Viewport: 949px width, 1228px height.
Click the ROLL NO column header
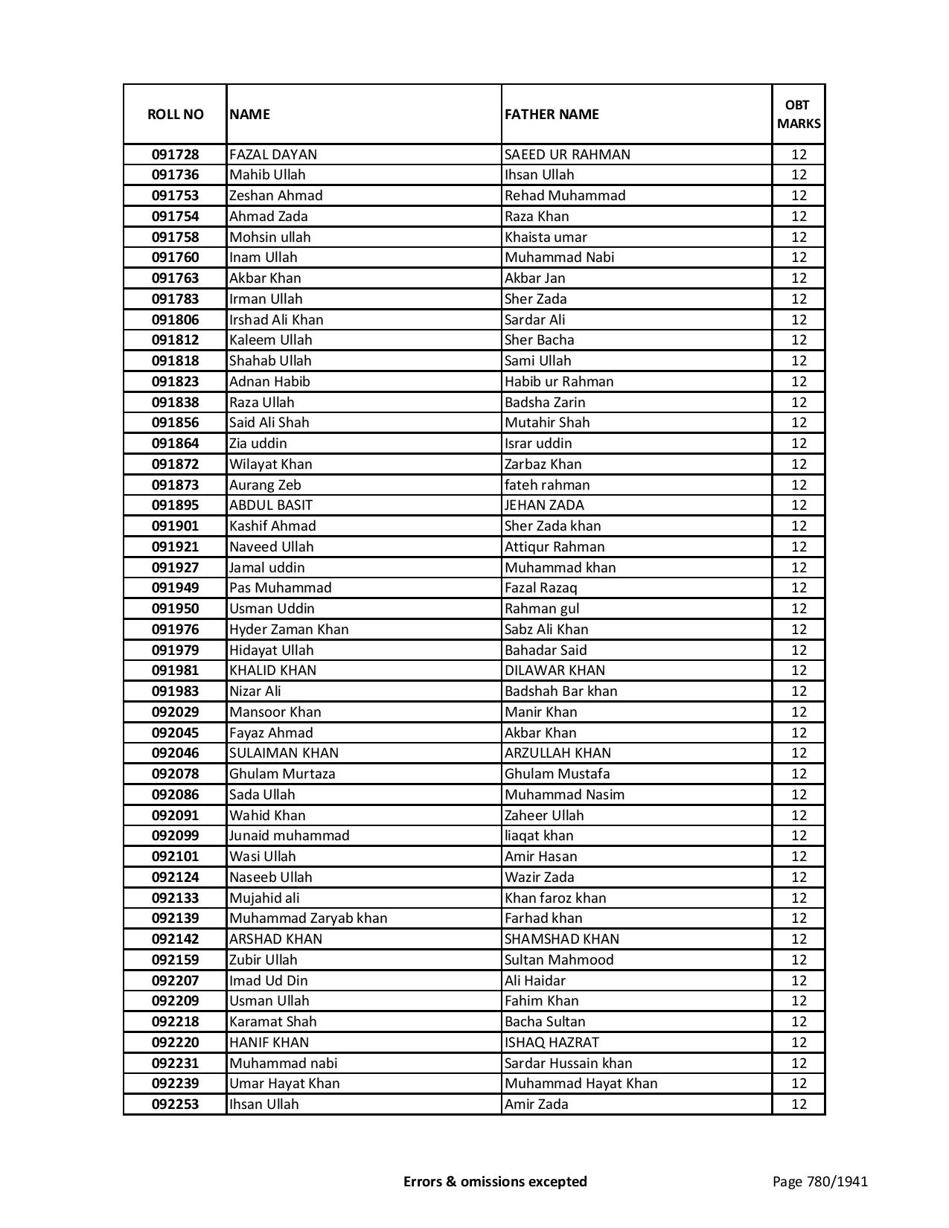[x=175, y=114]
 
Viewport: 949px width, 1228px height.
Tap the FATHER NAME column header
[x=552, y=114]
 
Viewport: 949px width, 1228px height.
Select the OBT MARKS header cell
[x=799, y=114]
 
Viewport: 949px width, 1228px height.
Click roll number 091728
[x=175, y=155]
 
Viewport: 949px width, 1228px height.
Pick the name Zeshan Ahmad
[x=276, y=196]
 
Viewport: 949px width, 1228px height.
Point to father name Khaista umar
[x=546, y=237]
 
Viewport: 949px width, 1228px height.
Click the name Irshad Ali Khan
[x=276, y=320]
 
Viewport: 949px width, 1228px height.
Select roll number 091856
[x=175, y=423]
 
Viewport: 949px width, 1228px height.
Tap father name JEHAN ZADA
[x=544, y=505]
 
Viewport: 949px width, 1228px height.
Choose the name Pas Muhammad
[x=281, y=588]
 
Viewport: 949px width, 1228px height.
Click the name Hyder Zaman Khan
[x=289, y=630]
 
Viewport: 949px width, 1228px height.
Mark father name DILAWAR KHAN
[x=555, y=671]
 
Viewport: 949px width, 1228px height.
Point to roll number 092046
[x=175, y=753]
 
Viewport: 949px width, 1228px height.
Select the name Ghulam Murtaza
[x=282, y=774]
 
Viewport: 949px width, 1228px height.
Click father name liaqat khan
[x=539, y=836]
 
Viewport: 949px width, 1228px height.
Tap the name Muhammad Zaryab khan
[x=308, y=918]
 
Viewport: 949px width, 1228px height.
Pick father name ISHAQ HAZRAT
[x=552, y=1043]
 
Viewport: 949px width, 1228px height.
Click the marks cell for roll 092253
[x=799, y=1104]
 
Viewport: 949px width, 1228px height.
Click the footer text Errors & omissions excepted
[x=495, y=1181]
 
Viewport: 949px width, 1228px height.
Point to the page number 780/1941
[x=819, y=1181]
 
